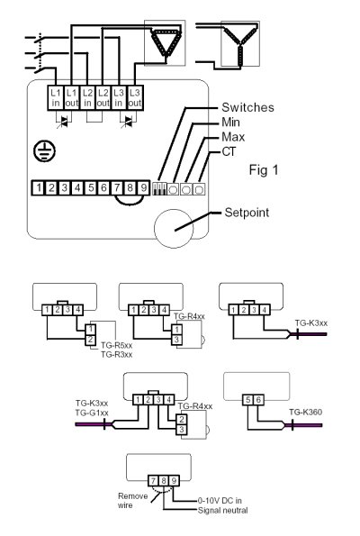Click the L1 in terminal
[55, 98]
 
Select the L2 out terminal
[103, 98]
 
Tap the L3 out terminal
[135, 98]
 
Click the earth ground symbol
[45, 151]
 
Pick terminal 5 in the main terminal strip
[91, 187]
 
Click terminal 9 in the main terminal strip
[143, 187]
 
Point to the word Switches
[247, 107]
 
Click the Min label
[230, 122]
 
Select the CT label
[229, 151]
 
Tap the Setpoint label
[247, 213]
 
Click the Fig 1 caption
[264, 170]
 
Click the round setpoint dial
[174, 228]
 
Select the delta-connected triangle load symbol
[166, 42]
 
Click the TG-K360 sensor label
[305, 413]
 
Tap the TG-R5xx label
[116, 345]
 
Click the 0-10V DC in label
[220, 501]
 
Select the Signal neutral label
[222, 511]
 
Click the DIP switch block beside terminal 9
[159, 188]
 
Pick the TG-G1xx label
[92, 413]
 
